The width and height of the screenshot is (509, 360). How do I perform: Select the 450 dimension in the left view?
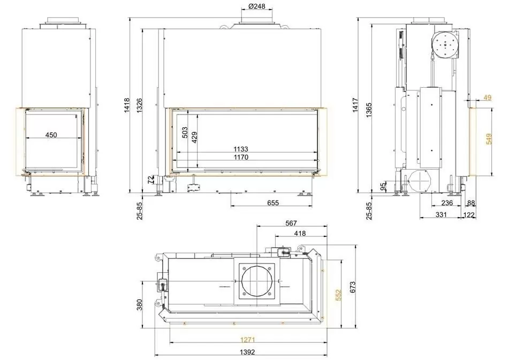pyautogui.click(x=51, y=135)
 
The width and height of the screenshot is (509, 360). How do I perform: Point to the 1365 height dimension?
pyautogui.click(x=369, y=108)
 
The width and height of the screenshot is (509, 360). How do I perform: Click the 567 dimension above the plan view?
pyautogui.click(x=292, y=223)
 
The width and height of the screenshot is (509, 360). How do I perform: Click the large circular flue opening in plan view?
pyautogui.click(x=256, y=281)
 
